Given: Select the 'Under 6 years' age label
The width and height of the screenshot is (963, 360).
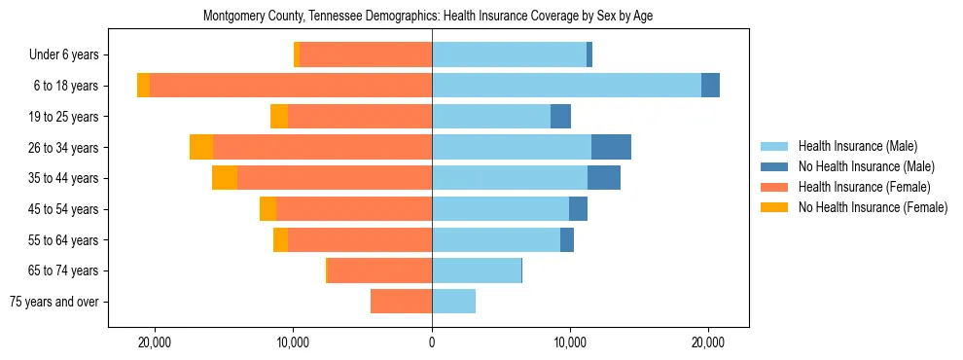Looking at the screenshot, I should (70, 55).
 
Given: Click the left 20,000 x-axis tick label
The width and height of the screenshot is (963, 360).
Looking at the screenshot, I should (156, 342).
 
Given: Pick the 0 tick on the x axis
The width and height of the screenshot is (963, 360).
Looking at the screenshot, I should (432, 342).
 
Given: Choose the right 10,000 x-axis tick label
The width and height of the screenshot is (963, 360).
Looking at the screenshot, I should (570, 342).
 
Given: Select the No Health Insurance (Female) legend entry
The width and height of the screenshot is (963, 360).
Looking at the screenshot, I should (873, 207).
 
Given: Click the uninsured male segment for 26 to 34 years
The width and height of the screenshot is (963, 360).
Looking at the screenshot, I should (611, 147).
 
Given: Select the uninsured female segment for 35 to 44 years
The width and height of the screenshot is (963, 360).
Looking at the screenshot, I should (225, 178).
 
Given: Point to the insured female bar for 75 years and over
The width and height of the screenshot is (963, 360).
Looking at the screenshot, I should (401, 302).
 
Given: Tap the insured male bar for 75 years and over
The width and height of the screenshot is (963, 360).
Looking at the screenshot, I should (453, 302).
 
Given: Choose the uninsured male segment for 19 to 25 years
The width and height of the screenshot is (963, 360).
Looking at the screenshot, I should (560, 117).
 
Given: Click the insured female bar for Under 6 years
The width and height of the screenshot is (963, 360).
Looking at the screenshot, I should (366, 55).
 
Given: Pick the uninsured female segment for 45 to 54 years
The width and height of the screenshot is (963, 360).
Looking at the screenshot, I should (267, 209).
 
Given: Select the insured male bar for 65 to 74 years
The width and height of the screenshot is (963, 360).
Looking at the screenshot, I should (477, 270).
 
